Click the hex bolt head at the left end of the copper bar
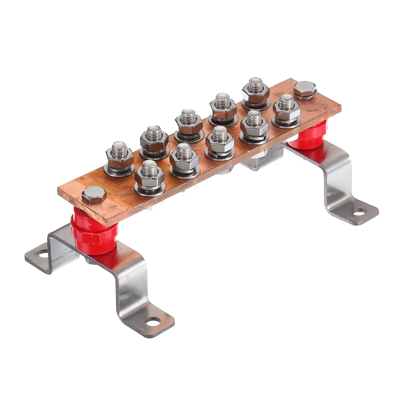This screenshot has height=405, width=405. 94,193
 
